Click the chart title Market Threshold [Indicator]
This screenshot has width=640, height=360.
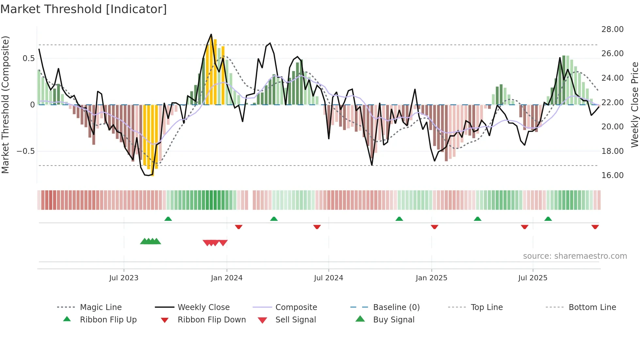[x=84, y=9]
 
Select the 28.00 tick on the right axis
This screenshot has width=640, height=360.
[x=612, y=29]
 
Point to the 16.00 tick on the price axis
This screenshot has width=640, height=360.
[x=612, y=175]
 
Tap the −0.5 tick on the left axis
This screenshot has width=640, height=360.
[x=25, y=151]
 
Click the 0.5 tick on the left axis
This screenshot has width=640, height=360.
[x=28, y=58]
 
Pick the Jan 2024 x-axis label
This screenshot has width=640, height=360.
[x=227, y=278]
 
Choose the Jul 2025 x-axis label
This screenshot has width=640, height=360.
[x=533, y=278]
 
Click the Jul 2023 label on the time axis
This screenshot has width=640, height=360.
[x=124, y=278]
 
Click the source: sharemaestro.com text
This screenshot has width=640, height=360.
[x=575, y=256]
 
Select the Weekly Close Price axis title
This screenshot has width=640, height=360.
[x=634, y=105]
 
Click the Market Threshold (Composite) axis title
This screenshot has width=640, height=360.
[x=5, y=105]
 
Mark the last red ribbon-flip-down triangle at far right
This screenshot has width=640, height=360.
[x=595, y=227]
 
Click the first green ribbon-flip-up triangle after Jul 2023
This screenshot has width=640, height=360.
[x=168, y=219]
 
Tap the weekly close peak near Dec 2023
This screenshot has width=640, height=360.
[x=211, y=34]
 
